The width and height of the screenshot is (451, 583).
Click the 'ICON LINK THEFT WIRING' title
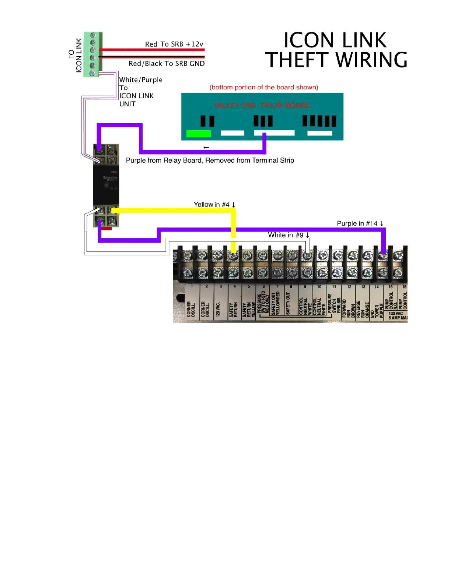[336, 50]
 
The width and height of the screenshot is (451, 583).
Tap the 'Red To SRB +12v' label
[174, 44]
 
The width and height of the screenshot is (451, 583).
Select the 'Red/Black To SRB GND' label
[167, 63]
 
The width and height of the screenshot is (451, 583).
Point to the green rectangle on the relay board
[199, 133]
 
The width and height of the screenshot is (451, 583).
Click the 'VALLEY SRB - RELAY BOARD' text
[262, 106]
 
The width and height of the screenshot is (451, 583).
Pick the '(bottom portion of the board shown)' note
[264, 87]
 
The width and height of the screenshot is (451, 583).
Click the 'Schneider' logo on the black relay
[110, 179]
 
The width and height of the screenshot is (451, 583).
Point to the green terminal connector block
[92, 54]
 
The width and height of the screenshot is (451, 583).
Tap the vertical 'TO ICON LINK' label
[75, 55]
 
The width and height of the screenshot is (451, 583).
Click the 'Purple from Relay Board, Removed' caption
[210, 160]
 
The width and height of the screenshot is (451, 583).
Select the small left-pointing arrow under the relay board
[206, 148]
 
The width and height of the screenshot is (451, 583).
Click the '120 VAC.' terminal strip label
[218, 309]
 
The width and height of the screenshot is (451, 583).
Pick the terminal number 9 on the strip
[305, 287]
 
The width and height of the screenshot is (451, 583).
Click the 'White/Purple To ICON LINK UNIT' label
[140, 92]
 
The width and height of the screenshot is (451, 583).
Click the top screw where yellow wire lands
[233, 255]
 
